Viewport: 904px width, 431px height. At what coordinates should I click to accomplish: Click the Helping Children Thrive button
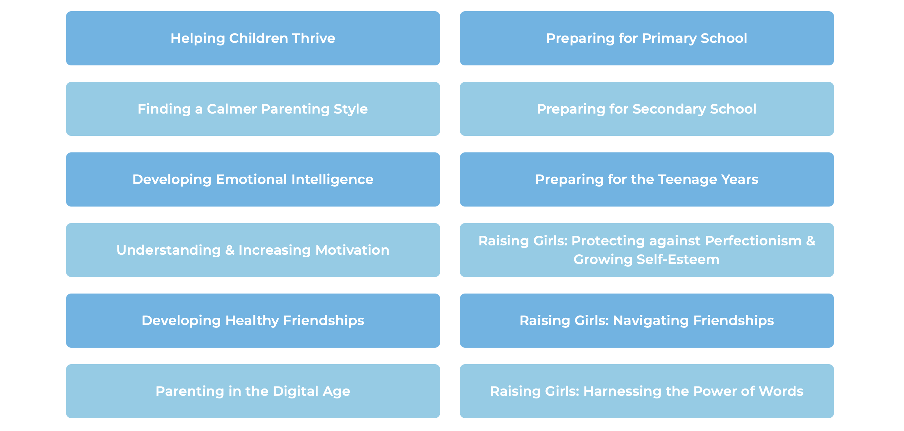(253, 38)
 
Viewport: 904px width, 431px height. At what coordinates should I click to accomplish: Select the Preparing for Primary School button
(647, 38)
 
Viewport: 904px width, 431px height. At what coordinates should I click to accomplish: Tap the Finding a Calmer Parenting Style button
(253, 109)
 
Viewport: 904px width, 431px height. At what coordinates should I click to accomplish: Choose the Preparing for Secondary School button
(647, 109)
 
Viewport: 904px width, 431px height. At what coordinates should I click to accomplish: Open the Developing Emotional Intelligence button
(253, 179)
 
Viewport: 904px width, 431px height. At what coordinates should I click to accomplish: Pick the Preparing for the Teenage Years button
(647, 179)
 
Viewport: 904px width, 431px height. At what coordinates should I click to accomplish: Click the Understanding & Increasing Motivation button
(253, 250)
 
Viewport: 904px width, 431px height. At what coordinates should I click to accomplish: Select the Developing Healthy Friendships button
(253, 320)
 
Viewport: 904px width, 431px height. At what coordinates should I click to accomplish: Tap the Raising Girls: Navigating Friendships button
(647, 320)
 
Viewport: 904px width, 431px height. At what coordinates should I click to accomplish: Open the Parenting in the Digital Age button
(253, 391)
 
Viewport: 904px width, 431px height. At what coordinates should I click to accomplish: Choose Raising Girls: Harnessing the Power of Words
(647, 391)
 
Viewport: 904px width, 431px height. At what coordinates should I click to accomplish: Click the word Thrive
(314, 38)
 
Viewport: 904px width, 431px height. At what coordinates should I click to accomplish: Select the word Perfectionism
(753, 241)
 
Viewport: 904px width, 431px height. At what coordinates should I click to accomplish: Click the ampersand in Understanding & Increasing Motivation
(229, 250)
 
